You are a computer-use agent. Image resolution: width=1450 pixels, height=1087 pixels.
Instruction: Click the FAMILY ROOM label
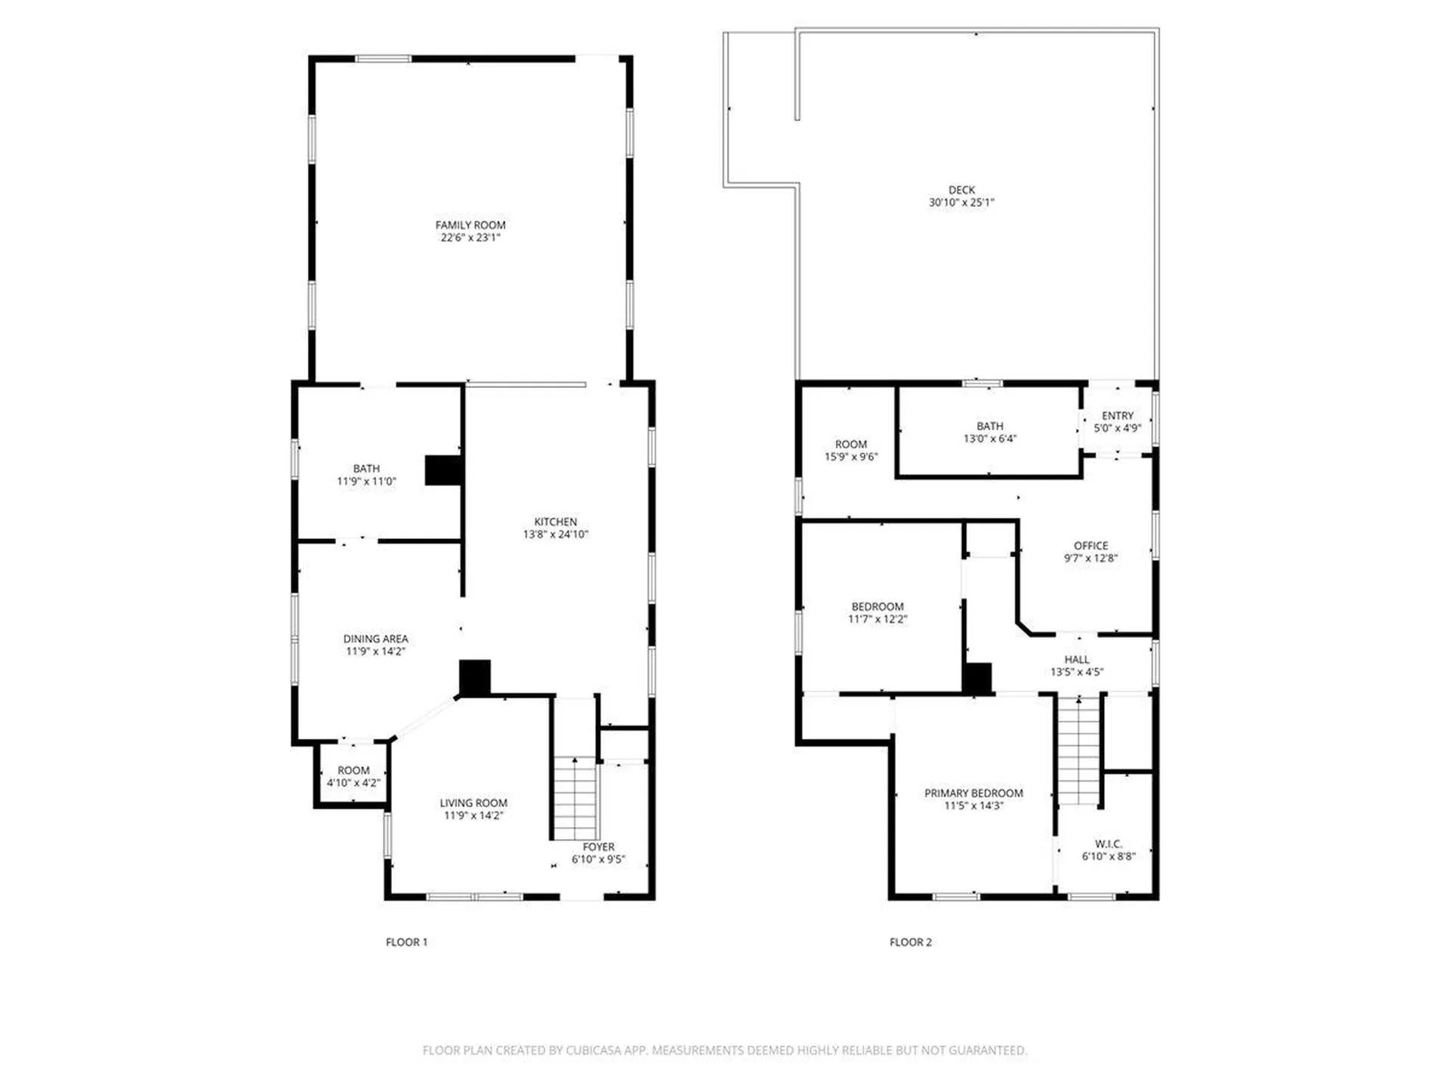(x=470, y=225)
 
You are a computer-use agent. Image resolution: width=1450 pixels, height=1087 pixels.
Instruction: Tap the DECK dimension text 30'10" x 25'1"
(x=961, y=202)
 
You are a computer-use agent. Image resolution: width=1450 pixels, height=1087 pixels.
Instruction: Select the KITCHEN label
(x=555, y=522)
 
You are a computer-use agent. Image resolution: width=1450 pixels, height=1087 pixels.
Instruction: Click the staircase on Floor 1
(x=575, y=799)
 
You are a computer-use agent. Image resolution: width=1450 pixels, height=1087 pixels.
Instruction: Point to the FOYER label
(x=598, y=847)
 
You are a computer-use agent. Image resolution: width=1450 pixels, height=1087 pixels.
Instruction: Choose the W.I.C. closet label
(x=1108, y=844)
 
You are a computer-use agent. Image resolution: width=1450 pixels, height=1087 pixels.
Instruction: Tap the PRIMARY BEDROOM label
(x=973, y=793)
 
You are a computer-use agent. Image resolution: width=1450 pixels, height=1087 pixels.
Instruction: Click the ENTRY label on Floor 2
(x=1117, y=416)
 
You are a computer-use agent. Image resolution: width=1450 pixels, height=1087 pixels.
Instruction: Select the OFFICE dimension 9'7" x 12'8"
(x=1091, y=559)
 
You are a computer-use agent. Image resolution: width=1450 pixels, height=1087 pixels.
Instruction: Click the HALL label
(x=1076, y=660)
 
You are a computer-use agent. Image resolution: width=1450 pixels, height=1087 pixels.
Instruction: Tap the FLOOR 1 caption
(x=406, y=942)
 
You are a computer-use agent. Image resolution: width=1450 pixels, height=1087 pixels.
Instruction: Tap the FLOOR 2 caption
(x=910, y=942)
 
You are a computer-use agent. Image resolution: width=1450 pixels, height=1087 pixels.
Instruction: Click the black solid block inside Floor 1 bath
(x=443, y=470)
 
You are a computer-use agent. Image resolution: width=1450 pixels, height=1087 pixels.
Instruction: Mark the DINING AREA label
(x=375, y=639)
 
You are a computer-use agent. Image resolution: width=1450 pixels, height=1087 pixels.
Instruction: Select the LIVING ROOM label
(x=474, y=803)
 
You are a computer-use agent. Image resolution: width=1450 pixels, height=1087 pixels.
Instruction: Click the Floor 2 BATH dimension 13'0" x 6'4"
(x=989, y=439)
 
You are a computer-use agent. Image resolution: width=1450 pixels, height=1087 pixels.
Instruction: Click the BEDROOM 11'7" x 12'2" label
(x=877, y=607)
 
